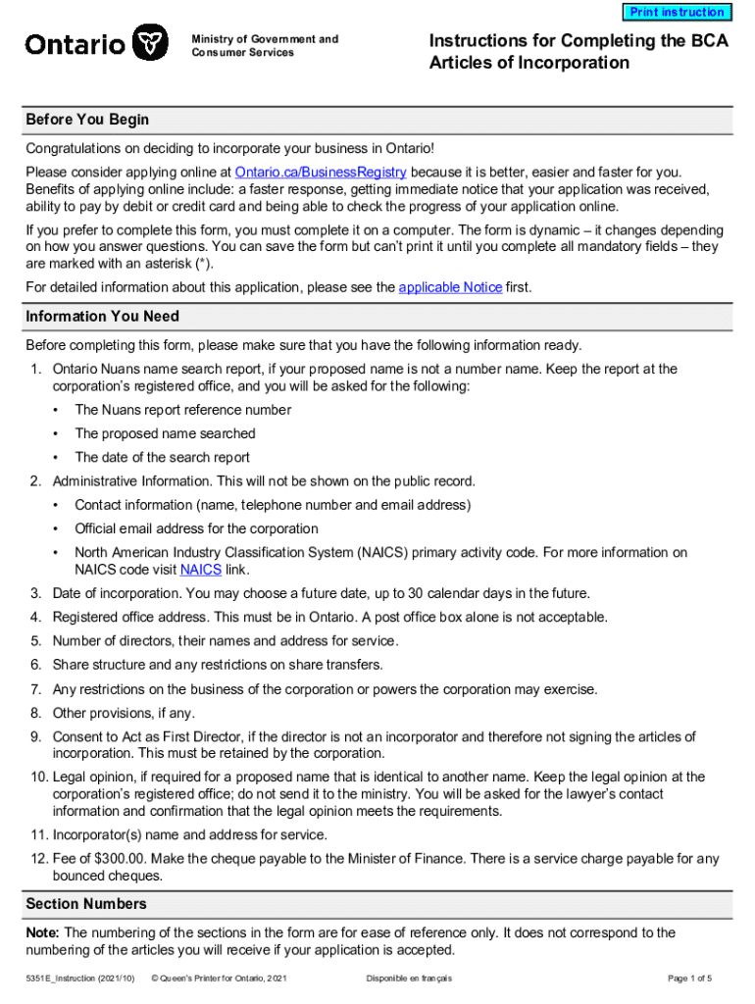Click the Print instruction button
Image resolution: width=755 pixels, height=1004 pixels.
tap(677, 13)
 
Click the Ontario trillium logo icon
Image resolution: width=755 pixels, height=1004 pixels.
tap(147, 44)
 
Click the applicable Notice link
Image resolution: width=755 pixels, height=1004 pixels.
tap(450, 287)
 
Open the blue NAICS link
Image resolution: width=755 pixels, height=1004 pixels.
tap(200, 570)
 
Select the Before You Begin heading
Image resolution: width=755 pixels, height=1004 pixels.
tap(87, 120)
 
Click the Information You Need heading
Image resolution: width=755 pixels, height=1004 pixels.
tap(102, 317)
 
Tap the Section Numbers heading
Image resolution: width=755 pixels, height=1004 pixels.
tap(86, 904)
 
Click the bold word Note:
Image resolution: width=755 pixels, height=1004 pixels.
tap(43, 933)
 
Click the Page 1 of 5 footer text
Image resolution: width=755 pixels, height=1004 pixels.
tap(689, 979)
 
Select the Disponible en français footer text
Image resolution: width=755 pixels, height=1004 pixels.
tap(409, 979)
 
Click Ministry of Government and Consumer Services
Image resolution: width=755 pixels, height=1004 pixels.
tap(265, 46)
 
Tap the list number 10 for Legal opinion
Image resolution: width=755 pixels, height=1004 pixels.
tap(35, 777)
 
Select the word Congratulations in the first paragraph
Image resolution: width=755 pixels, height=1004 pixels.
tap(75, 148)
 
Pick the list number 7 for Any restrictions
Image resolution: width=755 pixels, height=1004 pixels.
tap(35, 689)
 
